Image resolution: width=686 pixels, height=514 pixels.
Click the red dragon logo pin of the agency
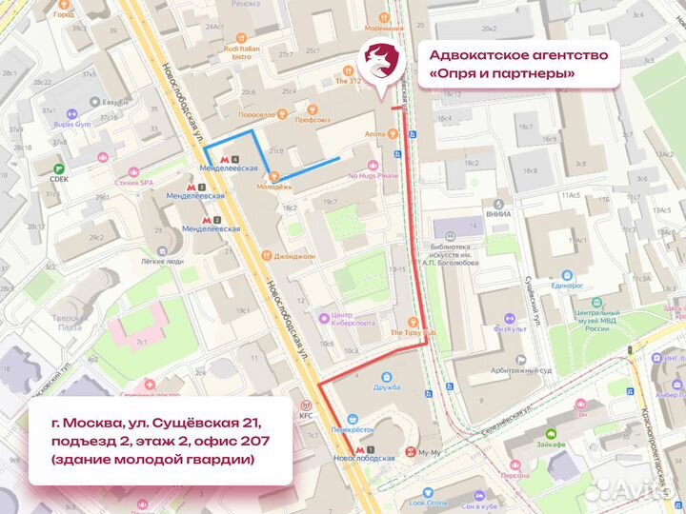click(379, 65)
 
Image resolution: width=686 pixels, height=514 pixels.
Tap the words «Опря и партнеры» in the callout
click(502, 73)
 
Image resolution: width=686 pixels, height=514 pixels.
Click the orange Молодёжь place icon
click(274, 175)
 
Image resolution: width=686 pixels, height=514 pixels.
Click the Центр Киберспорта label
click(353, 319)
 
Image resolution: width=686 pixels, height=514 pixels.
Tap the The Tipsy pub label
click(412, 332)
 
